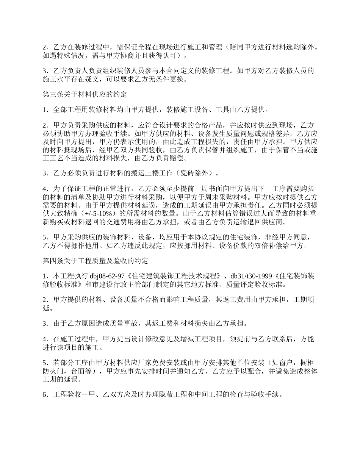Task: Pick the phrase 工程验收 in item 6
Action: pos(66,394)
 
